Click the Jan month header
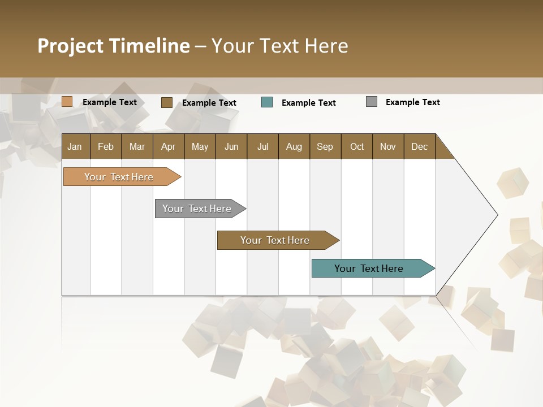[x=75, y=146]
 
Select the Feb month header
[x=106, y=146]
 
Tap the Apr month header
[x=168, y=146]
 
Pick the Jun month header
[x=231, y=146]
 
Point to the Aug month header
[x=294, y=146]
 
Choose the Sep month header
[x=325, y=146]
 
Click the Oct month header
[x=357, y=146]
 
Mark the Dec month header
[x=419, y=146]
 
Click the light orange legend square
[x=67, y=102]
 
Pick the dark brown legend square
[x=167, y=102]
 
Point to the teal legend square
[x=267, y=102]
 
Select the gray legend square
[x=372, y=102]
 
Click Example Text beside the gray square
[x=412, y=102]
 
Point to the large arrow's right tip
[x=496, y=215]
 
